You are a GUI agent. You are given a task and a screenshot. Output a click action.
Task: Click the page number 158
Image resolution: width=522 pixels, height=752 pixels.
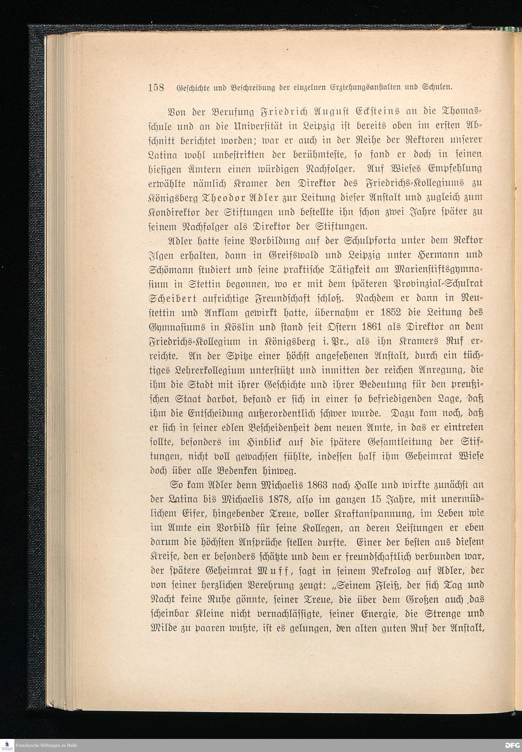pyautogui.click(x=156, y=88)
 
